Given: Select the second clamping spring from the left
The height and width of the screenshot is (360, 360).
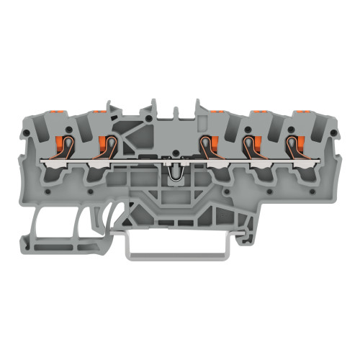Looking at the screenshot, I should (107, 146).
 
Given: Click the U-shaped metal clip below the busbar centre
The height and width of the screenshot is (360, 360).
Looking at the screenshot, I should (173, 173).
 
